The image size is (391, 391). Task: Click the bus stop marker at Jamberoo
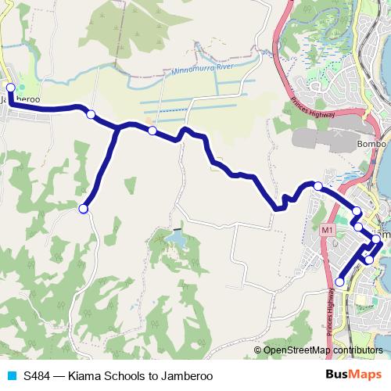point(11,88)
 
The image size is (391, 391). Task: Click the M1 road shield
point(327,230)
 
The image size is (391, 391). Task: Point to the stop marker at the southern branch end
point(84,208)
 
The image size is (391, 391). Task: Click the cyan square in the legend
point(11,375)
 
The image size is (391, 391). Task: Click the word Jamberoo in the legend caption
point(187,375)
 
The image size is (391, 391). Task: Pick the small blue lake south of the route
point(176,238)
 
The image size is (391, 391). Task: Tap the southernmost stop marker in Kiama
point(339,282)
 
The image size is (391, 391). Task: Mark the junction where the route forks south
point(118,127)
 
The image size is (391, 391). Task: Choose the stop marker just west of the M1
point(318,185)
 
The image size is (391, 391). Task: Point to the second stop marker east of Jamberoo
point(152,131)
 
